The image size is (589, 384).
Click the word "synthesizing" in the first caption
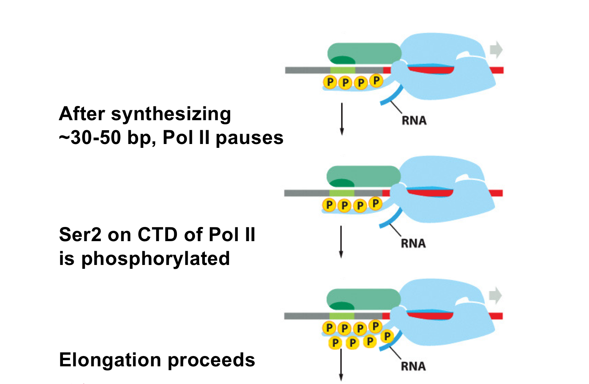(x=171, y=114)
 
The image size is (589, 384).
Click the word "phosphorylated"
(x=155, y=259)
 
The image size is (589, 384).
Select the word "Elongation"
(x=110, y=360)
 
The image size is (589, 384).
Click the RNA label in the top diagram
(x=414, y=121)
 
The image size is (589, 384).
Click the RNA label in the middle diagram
(x=413, y=243)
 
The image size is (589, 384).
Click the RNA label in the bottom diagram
(x=413, y=366)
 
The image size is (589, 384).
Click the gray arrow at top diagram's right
(x=496, y=50)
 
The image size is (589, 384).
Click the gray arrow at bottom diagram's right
(x=495, y=295)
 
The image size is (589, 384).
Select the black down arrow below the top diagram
(x=342, y=119)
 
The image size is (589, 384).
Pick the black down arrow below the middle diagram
(x=341, y=242)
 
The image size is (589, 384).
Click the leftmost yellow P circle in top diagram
(x=330, y=82)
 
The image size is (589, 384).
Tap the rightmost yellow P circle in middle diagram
(x=376, y=204)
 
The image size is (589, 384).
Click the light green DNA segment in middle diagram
(x=342, y=193)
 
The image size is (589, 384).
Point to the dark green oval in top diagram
(x=343, y=60)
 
